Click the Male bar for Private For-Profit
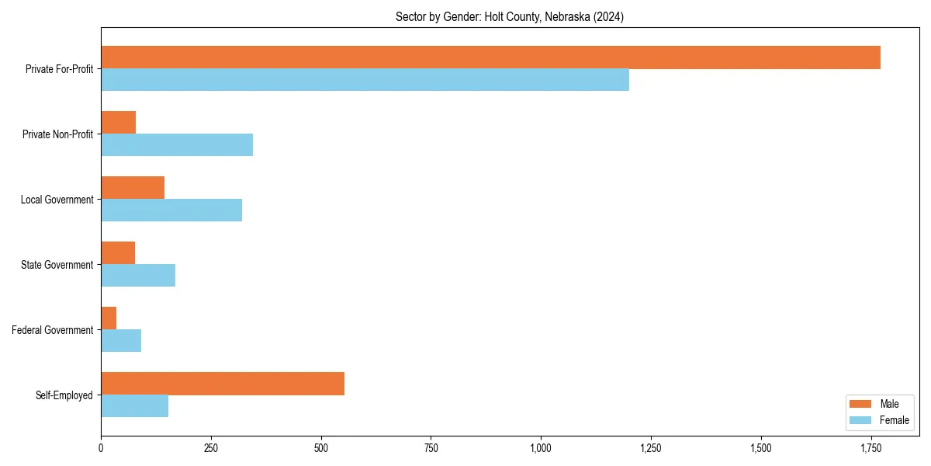point(490,57)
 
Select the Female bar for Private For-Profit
point(365,80)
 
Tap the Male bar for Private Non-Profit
point(118,123)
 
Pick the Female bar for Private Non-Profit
point(177,145)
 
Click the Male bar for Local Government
point(133,188)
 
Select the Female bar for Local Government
point(171,210)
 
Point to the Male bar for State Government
point(118,253)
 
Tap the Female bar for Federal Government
point(121,341)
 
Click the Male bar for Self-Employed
point(223,384)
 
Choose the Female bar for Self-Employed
point(134,406)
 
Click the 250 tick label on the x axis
point(210,448)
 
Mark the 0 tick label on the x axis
point(101,448)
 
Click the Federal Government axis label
point(53,330)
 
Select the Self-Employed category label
point(64,395)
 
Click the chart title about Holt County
point(509,16)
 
